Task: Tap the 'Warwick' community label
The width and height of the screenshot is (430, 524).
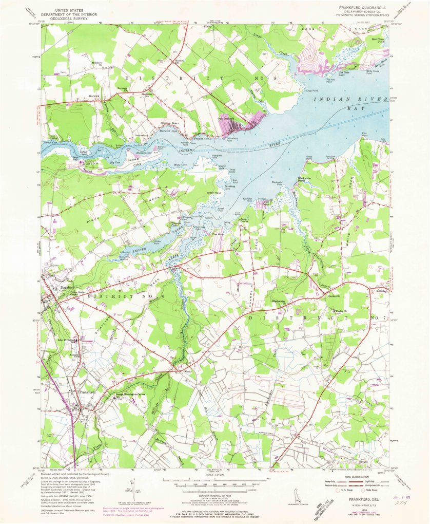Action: tap(93, 96)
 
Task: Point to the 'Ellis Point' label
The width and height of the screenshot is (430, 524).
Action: tap(365, 135)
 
